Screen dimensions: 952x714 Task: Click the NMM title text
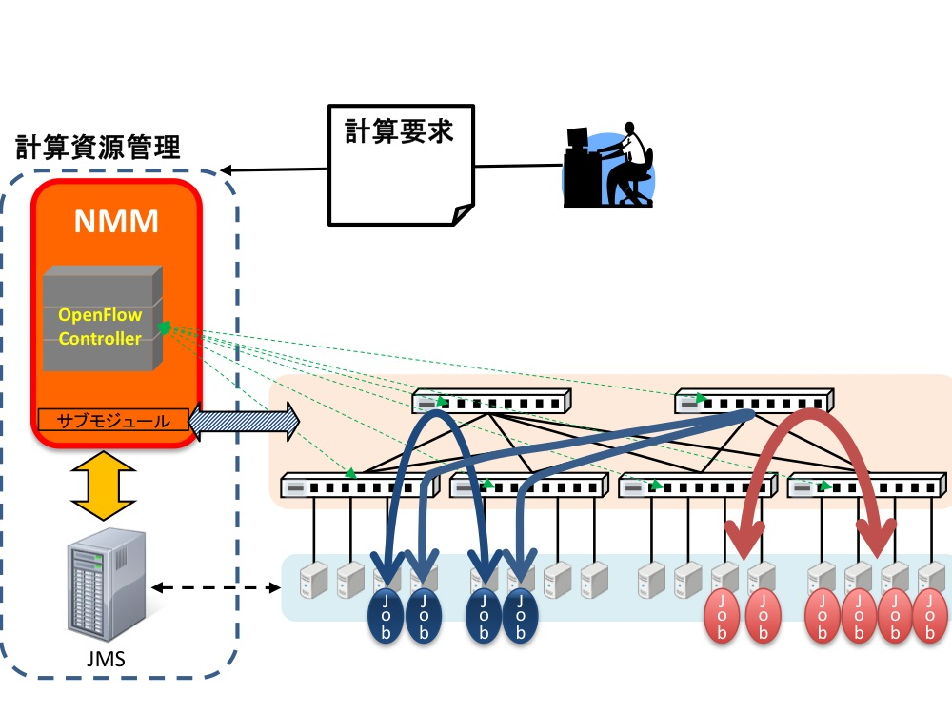click(116, 221)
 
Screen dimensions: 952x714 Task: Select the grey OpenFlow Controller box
click(103, 318)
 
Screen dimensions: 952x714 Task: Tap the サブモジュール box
click(113, 420)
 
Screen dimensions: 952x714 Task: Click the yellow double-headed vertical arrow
click(103, 486)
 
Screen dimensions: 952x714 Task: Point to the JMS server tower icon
click(107, 585)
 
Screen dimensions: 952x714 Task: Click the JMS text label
click(106, 659)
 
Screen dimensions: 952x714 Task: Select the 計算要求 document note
click(401, 165)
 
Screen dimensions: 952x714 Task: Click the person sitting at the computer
click(608, 165)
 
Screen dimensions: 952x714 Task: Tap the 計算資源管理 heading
click(98, 148)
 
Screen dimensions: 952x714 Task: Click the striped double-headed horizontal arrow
click(244, 421)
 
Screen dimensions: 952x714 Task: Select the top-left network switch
click(491, 402)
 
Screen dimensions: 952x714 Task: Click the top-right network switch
click(754, 402)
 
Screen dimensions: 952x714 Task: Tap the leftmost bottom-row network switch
click(360, 486)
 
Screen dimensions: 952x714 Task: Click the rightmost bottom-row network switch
click(866, 486)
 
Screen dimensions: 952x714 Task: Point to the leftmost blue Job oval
click(386, 616)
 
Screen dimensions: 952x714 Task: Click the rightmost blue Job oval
click(520, 616)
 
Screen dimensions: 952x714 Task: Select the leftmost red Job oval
click(722, 616)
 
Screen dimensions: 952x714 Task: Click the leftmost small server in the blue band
click(314, 581)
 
